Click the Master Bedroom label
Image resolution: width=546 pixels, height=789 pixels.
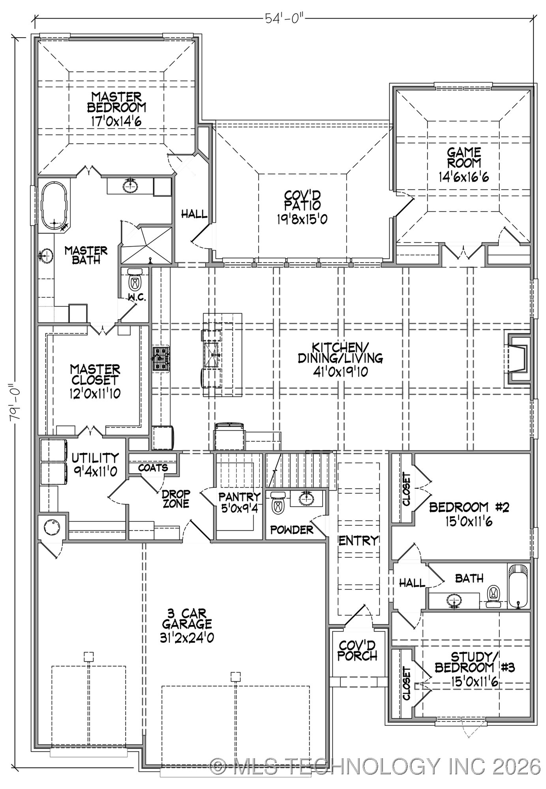pos(116,102)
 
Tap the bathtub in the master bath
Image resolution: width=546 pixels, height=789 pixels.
pos(54,205)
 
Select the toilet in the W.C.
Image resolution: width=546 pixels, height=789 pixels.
pos(135,280)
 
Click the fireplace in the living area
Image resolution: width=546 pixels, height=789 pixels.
pos(518,359)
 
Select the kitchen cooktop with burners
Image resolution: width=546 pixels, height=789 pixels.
pos(161,359)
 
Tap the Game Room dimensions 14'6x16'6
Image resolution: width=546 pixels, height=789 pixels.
pos(464,177)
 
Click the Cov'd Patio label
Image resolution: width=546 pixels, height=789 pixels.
pos(302,200)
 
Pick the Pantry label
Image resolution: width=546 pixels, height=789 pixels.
pos(239,497)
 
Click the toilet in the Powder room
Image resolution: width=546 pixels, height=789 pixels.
pos(279,503)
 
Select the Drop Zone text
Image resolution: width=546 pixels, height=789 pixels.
pos(176,499)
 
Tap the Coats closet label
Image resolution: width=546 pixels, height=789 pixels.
pos(153,468)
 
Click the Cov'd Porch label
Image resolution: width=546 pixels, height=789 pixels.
pos(357,651)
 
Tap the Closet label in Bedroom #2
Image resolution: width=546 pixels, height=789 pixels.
pos(406,489)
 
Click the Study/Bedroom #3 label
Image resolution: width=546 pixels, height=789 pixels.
pos(475,663)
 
